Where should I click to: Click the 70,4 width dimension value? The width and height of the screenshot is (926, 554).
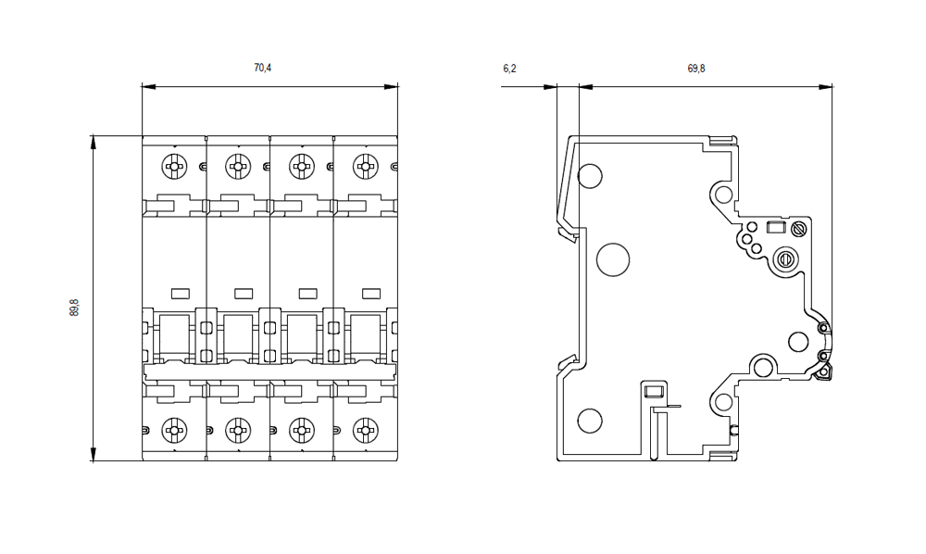click(x=262, y=68)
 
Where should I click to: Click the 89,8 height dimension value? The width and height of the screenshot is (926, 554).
click(x=74, y=308)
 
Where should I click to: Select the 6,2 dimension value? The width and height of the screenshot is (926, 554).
click(x=508, y=68)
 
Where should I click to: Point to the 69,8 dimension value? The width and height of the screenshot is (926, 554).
click(x=696, y=68)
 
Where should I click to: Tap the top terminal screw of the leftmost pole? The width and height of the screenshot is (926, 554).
click(x=173, y=167)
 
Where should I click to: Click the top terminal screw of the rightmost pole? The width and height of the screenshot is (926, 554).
click(x=366, y=167)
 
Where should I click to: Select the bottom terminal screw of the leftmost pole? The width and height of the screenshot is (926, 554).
click(x=173, y=429)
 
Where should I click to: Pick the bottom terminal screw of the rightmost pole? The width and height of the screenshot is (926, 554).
click(x=366, y=429)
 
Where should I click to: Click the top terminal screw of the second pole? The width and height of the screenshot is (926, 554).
click(x=237, y=167)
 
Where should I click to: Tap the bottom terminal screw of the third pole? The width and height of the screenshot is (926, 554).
click(x=301, y=429)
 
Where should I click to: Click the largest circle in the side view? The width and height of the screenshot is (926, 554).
click(x=613, y=259)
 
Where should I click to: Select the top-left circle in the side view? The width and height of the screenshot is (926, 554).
click(x=590, y=175)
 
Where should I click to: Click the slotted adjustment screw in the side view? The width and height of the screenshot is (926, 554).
click(x=787, y=258)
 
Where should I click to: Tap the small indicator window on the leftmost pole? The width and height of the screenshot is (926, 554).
click(x=180, y=293)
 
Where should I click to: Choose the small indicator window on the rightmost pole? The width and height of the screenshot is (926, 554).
click(x=371, y=293)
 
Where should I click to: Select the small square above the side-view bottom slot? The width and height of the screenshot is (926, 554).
click(x=653, y=391)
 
